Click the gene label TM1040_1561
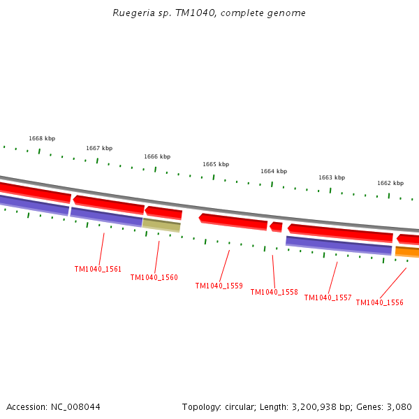coord(98,269)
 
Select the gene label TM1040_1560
coord(154,277)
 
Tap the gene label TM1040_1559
coord(219,286)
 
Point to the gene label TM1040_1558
coord(274,292)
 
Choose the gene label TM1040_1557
coord(328,297)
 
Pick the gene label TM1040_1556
coord(379,302)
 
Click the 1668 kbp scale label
coord(42,138)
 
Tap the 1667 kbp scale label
coord(99,148)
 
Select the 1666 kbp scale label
coord(157,156)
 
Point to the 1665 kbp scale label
coord(216,164)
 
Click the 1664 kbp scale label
coord(274,171)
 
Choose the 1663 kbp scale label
coord(332,177)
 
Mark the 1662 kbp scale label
coord(390,183)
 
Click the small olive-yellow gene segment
coord(161,225)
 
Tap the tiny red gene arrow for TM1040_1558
coord(277,226)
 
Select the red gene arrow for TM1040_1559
coord(233,221)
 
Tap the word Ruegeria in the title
coord(131,13)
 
